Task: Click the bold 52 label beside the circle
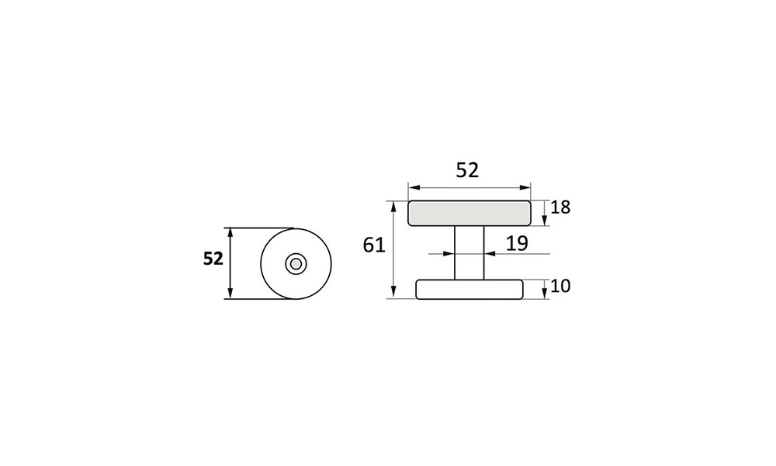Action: [x=213, y=259]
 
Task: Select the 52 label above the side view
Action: [x=467, y=170]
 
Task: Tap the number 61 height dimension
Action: [x=374, y=245]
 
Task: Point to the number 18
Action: [x=560, y=207]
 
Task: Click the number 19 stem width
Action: [x=517, y=243]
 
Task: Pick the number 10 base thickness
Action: [x=560, y=286]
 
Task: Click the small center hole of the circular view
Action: [x=295, y=264]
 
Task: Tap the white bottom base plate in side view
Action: [x=469, y=289]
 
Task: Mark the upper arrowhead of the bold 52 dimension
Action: [x=230, y=233]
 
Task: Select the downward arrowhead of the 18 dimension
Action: [x=546, y=220]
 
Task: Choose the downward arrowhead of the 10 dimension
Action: [x=546, y=294]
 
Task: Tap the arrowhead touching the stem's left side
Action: [x=449, y=253]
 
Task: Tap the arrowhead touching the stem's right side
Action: [x=490, y=253]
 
